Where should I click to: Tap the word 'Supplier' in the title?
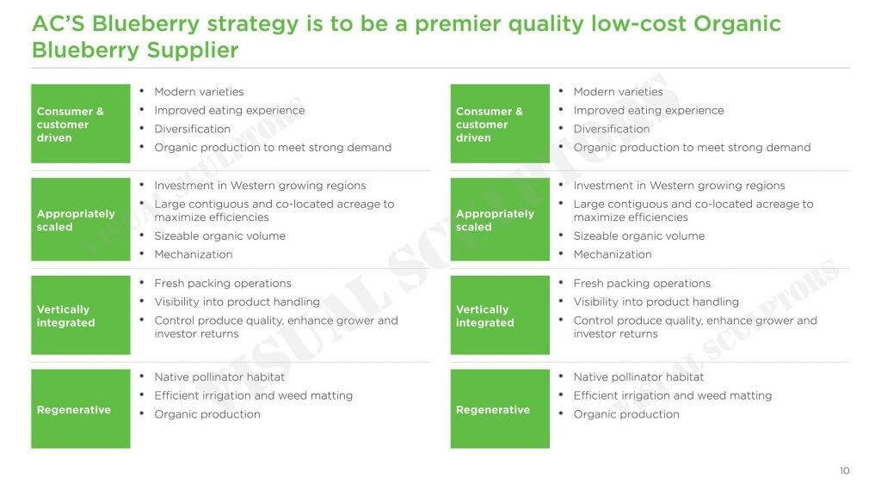(193, 51)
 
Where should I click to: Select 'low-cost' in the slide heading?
(638, 23)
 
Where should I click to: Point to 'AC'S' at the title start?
(59, 23)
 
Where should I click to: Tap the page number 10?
(845, 471)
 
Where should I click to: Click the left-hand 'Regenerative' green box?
(81, 408)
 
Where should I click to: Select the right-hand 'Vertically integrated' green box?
(500, 315)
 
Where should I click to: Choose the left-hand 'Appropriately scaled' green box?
(81, 219)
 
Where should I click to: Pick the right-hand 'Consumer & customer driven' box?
(500, 124)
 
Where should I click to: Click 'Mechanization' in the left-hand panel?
(194, 254)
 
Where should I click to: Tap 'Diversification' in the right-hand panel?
(612, 129)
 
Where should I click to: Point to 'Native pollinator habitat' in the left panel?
(219, 377)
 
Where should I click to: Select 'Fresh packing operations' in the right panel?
(642, 284)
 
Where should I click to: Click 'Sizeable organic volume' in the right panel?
(639, 235)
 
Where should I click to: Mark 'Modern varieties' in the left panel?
(199, 91)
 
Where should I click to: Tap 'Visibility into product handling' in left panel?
(237, 302)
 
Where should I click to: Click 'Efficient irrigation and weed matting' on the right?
(673, 395)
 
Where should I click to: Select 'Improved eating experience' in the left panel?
(229, 111)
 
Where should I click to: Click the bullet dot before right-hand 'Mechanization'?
(561, 254)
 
